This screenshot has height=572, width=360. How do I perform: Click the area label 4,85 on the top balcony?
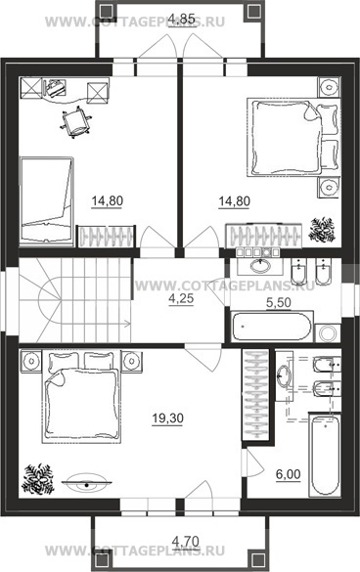[183, 19]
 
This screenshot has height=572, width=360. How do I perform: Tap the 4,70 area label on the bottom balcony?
[186, 541]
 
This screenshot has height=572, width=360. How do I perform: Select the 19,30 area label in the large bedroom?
[167, 418]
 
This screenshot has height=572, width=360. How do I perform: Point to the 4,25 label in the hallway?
[181, 299]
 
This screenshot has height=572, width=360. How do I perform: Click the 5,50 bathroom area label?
[278, 302]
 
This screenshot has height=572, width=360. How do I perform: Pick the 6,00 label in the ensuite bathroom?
[288, 474]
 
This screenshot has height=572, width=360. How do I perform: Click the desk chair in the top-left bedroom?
[75, 122]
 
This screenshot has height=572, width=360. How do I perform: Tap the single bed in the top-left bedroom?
[47, 199]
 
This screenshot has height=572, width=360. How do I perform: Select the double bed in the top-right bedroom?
[293, 137]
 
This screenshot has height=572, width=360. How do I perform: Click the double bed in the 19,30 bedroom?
[81, 397]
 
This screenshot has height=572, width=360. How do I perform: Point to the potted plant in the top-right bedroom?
[322, 230]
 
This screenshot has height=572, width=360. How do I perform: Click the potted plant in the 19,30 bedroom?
[38, 479]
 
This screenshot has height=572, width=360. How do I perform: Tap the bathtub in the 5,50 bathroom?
[272, 327]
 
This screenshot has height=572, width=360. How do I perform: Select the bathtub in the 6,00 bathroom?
[325, 455]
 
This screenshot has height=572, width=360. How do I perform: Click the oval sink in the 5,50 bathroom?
[259, 265]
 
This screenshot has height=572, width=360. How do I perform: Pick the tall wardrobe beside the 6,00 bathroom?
[256, 394]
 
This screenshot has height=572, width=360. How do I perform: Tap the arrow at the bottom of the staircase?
[127, 323]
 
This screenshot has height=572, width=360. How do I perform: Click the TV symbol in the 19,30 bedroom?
[86, 482]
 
